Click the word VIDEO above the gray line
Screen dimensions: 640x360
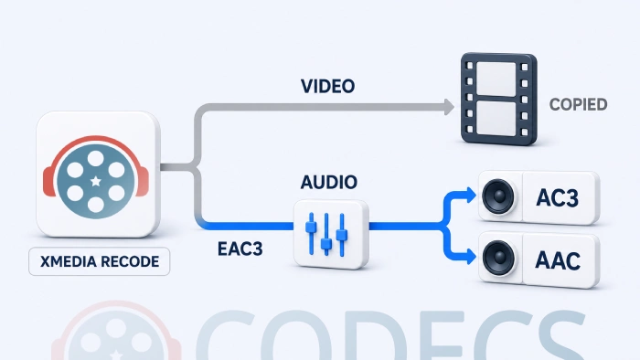coord(327,86)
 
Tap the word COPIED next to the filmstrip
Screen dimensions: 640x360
coord(579,104)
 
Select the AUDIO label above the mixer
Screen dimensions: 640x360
coord(329,182)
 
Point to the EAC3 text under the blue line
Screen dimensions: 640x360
coord(240,249)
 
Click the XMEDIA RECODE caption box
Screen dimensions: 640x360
coord(99,261)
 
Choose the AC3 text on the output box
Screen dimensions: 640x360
coord(558,197)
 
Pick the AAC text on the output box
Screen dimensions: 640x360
coord(558,260)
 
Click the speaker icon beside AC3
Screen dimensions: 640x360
coord(498,196)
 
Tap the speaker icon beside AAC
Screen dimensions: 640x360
coord(498,258)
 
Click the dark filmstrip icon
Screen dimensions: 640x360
coord(499,99)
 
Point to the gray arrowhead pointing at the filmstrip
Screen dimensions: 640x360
coord(449,107)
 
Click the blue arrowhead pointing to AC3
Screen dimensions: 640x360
coord(472,195)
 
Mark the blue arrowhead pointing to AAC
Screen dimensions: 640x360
coord(472,257)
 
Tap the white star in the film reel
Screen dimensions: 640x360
coord(95,181)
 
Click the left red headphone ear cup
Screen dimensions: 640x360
coord(49,182)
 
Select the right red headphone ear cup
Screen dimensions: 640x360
coord(143,182)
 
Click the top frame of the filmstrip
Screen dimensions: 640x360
coord(496,79)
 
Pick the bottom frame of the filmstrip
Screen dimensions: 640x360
coord(496,118)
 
